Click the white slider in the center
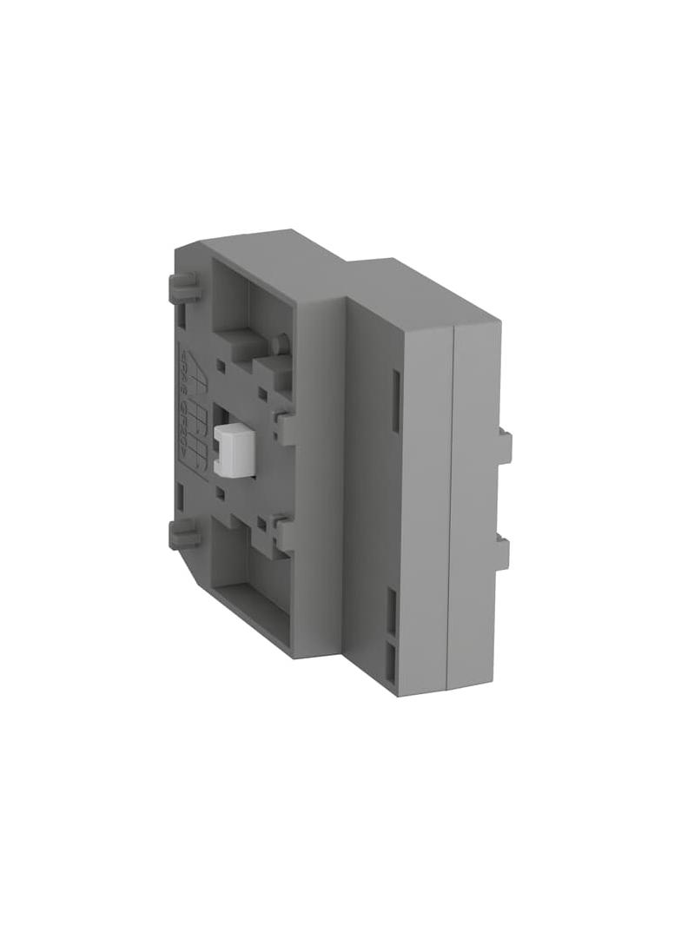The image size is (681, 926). pos(231,451)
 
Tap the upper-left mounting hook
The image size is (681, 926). pos(183,287)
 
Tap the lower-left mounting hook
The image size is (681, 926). pos(183,533)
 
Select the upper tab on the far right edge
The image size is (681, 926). pos(505,446)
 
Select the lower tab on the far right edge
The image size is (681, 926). pos(503,551)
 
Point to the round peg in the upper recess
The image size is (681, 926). pos(279,345)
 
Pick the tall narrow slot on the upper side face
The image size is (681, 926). pos(395,400)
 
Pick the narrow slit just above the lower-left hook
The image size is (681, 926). pos(179,497)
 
